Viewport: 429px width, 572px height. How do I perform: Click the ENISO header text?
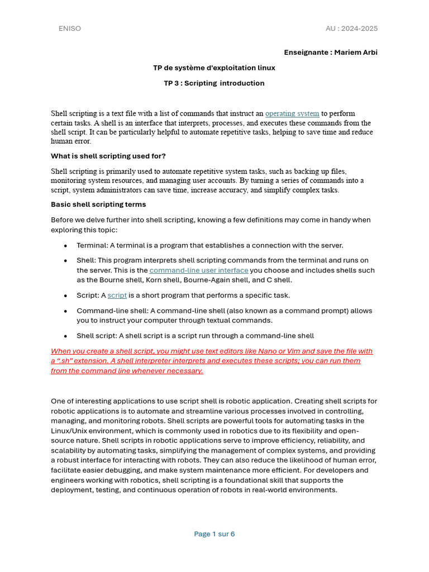click(70, 28)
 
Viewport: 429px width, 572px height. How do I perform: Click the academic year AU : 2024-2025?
click(351, 28)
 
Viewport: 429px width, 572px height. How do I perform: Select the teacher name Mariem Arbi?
click(356, 53)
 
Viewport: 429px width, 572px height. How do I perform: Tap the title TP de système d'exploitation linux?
click(214, 68)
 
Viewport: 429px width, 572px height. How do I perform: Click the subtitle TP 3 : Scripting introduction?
click(214, 83)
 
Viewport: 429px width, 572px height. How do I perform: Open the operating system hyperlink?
click(292, 113)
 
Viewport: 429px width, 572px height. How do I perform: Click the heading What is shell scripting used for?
click(108, 156)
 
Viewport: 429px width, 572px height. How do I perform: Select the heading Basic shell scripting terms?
click(98, 204)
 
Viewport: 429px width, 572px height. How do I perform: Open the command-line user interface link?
click(199, 270)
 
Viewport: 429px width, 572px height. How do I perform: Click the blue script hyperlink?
click(117, 295)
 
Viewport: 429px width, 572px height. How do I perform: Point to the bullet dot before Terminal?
click(66, 246)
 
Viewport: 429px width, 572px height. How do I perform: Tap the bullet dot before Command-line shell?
click(66, 311)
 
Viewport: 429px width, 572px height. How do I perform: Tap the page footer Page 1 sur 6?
click(214, 534)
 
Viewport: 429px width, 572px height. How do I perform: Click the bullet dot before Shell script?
click(66, 336)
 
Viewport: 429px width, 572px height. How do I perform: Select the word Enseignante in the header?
click(306, 53)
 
